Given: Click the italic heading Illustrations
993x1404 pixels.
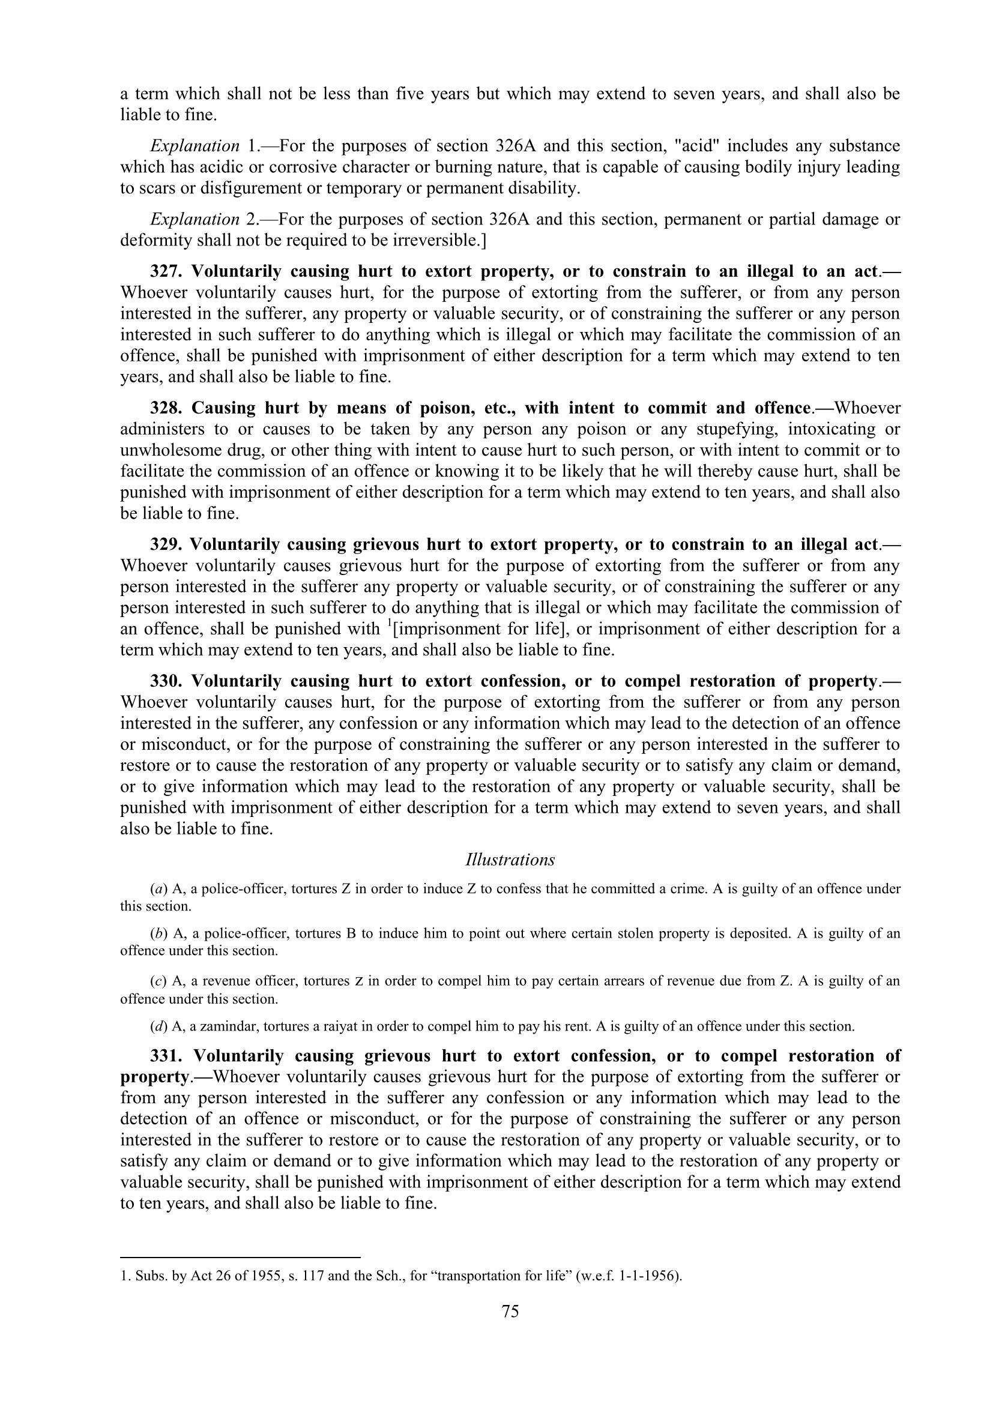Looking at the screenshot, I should click(x=510, y=860).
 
